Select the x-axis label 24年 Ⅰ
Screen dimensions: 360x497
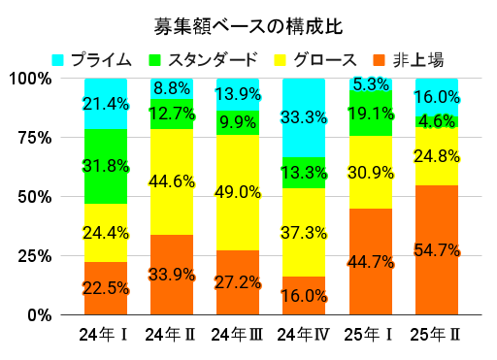point(106,335)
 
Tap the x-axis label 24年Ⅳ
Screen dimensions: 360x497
point(304,335)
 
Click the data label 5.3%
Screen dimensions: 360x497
point(370,84)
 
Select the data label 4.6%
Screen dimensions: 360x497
point(436,122)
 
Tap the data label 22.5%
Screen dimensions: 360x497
point(106,288)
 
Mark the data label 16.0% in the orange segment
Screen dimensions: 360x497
point(304,295)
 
